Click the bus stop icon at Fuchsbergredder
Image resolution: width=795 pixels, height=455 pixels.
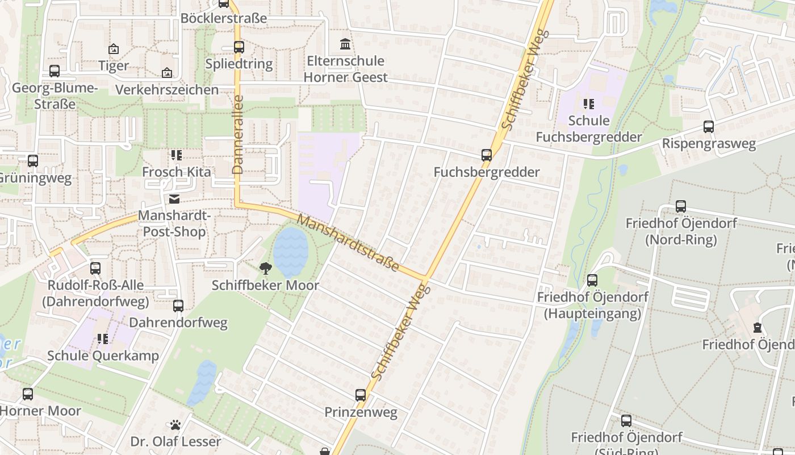coord(486,155)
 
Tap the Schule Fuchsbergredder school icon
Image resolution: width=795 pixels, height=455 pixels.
coord(589,104)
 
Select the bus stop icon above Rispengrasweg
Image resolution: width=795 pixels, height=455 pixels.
coord(709,126)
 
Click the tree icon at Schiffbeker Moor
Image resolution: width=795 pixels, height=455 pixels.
coord(265,268)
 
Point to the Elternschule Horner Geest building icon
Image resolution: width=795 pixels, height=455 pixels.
coord(345,44)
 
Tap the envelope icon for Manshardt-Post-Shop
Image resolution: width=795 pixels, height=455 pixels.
coord(174,199)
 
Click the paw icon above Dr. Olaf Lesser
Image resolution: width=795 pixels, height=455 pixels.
coord(175,425)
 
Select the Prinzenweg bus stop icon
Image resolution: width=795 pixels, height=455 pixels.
coord(361,395)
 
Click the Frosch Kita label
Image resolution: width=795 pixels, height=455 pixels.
coord(176,172)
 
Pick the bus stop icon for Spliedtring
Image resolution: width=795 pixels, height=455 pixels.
coord(239,47)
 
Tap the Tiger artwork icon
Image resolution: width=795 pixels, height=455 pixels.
coord(114,49)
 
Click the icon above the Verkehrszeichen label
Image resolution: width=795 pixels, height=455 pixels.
coord(167,73)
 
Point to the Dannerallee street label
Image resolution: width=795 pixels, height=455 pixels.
coord(238,134)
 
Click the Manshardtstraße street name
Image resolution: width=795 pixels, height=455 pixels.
coord(348,243)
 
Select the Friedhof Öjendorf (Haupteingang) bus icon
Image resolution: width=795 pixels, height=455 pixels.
coord(592,280)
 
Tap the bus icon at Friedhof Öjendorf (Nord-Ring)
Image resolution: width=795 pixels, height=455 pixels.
coord(681,206)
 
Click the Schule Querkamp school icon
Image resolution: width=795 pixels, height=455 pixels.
coord(103,339)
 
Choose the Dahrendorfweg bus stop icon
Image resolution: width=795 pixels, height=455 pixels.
coord(178,306)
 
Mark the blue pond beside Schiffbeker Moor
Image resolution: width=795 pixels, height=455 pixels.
coord(291,253)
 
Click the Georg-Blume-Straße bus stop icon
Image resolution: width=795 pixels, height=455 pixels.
coord(55,71)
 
